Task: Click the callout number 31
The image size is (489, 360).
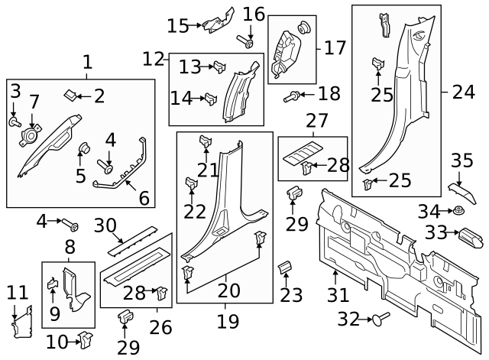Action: (x=337, y=295)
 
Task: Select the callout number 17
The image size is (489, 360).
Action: (x=335, y=48)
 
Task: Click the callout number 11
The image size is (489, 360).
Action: (x=17, y=292)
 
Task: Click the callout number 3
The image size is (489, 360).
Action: (x=15, y=92)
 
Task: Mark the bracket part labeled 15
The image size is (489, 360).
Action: (x=221, y=21)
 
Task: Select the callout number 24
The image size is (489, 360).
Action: (x=463, y=92)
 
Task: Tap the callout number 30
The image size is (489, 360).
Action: (x=105, y=225)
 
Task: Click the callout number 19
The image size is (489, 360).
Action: (x=227, y=321)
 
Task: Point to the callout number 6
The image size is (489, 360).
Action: (x=143, y=198)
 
